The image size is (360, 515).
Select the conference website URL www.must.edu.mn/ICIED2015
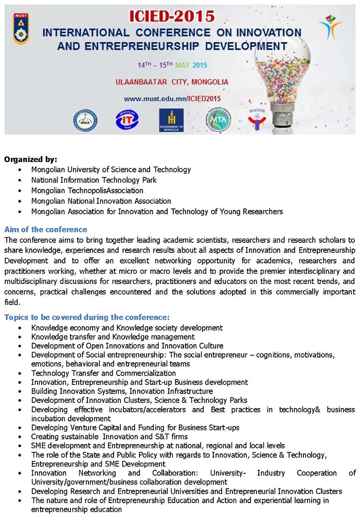coord(172,98)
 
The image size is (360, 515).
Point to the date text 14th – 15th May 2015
coord(172,65)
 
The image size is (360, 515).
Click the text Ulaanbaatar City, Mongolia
coord(172,82)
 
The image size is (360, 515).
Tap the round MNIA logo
coord(85,120)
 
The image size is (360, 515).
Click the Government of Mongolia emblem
coord(171,119)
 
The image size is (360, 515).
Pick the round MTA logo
coord(219,119)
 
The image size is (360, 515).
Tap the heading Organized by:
coord(30,159)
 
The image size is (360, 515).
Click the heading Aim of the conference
coord(46,229)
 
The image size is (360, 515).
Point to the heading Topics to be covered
coord(86,317)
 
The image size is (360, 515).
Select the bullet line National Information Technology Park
coord(94,180)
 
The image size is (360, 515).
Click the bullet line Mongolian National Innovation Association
coord(101,201)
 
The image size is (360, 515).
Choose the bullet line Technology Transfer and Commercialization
coord(103,373)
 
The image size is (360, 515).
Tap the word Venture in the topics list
coord(80,428)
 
